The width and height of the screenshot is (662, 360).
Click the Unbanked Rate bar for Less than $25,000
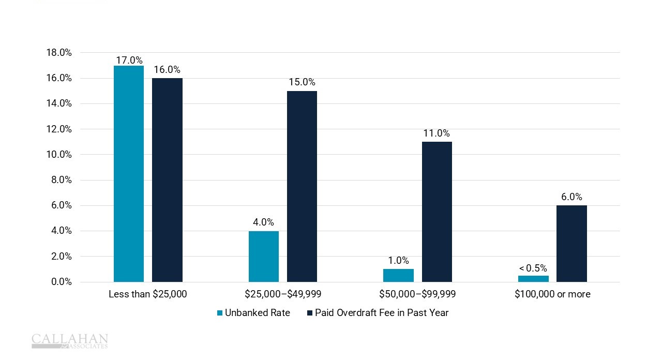pos(129,174)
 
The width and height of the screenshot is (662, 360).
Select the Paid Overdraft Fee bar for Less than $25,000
pos(167,180)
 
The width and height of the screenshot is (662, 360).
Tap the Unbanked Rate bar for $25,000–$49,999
pos(264,257)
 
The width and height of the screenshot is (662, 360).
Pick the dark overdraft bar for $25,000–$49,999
pos(302,186)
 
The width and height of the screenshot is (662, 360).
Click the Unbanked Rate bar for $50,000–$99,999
pos(398,275)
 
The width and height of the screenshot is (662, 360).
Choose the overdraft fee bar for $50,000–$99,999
pos(437,212)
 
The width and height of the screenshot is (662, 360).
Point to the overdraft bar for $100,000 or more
pos(571,244)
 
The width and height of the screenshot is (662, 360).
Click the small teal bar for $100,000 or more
pos(533,279)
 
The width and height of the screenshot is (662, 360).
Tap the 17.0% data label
pos(129,60)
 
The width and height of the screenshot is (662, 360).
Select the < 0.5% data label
pos(533,268)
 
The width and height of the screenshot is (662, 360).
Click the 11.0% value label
pos(437,133)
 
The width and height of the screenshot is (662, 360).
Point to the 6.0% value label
pos(571,197)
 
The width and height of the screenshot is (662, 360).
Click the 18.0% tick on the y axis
pos(59,53)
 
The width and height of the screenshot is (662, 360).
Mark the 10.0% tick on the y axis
pos(59,155)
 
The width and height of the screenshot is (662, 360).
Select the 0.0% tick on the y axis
pos(61,282)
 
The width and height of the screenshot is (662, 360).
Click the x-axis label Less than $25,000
pos(148,294)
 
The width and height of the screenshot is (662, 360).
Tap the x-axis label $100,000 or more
pos(552,294)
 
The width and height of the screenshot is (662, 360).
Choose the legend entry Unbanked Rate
pos(253,313)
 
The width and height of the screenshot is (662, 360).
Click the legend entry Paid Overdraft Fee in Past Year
pos(378,313)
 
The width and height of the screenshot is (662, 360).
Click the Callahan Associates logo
pos(70,341)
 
